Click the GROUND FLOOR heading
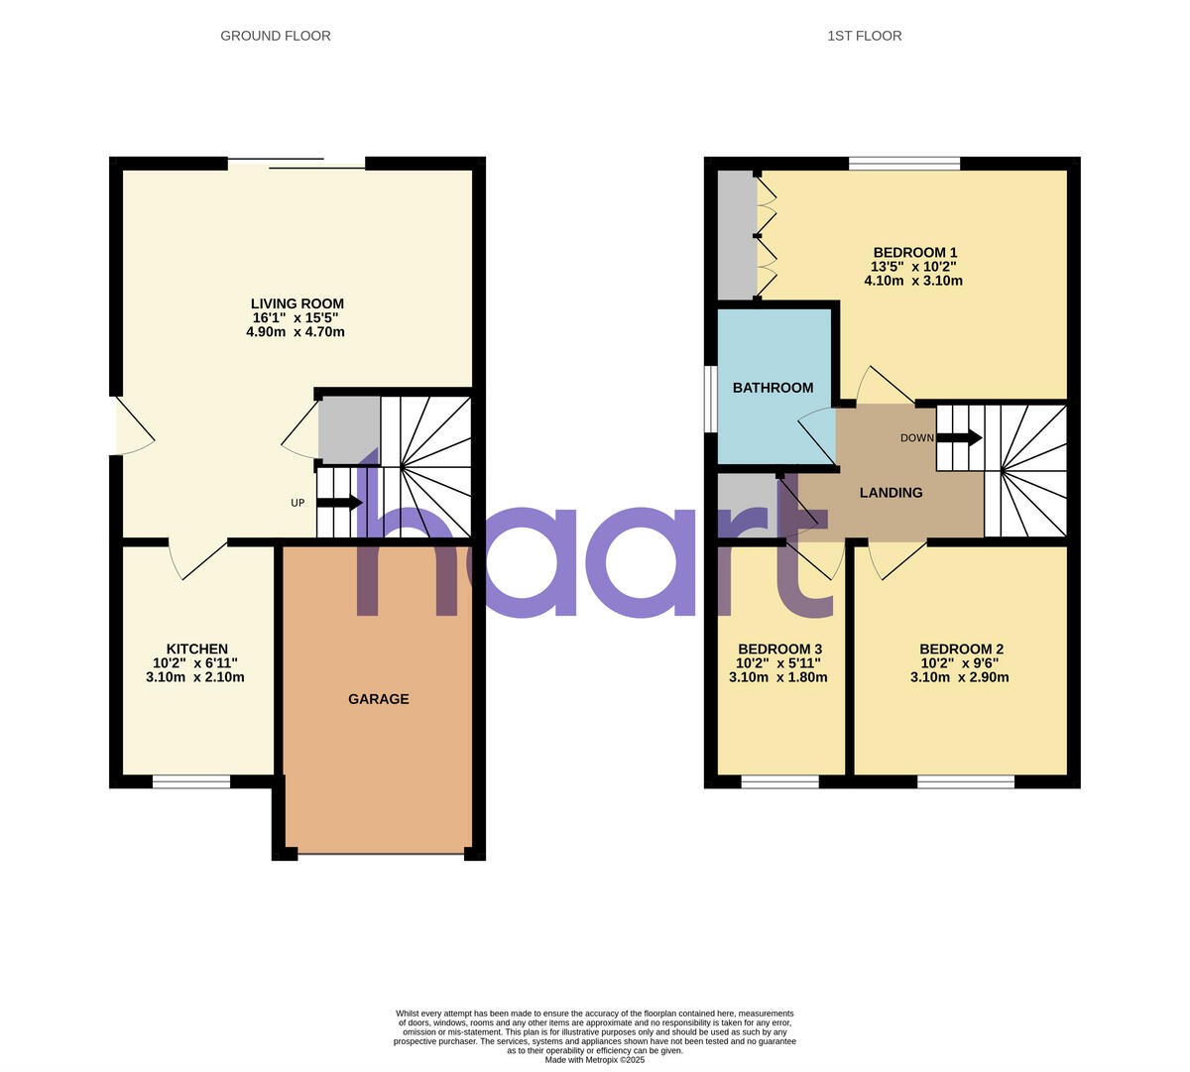pyautogui.click(x=276, y=36)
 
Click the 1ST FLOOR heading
pyautogui.click(x=864, y=36)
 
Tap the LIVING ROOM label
pyautogui.click(x=297, y=303)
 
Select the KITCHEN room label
pyautogui.click(x=196, y=649)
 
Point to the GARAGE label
pyautogui.click(x=378, y=699)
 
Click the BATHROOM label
pyautogui.click(x=773, y=388)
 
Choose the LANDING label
pyautogui.click(x=891, y=493)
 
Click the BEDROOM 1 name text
pyautogui.click(x=914, y=252)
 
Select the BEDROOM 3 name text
pyautogui.click(x=779, y=649)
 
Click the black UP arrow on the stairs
pyautogui.click(x=339, y=503)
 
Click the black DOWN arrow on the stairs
pyautogui.click(x=959, y=437)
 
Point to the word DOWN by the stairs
pyautogui.click(x=916, y=438)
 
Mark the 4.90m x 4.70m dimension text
pyautogui.click(x=296, y=332)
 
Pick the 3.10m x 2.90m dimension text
pyautogui.click(x=959, y=677)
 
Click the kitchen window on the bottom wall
pyautogui.click(x=191, y=781)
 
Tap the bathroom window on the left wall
pyautogui.click(x=710, y=400)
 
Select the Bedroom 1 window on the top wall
pyautogui.click(x=904, y=164)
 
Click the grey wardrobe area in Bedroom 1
pyautogui.click(x=736, y=235)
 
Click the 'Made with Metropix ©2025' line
pyautogui.click(x=595, y=1059)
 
